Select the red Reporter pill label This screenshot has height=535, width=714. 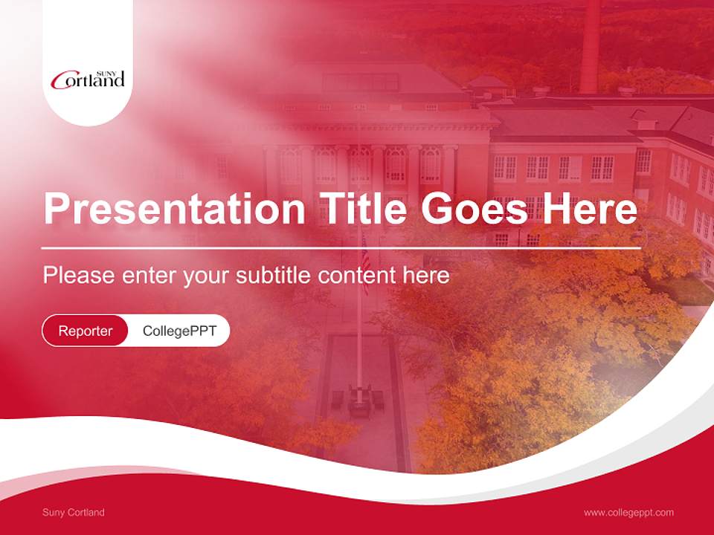click(86, 331)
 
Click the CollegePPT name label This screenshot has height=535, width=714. click(179, 331)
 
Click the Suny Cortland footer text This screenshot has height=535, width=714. click(74, 512)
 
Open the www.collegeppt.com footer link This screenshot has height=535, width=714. click(628, 512)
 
